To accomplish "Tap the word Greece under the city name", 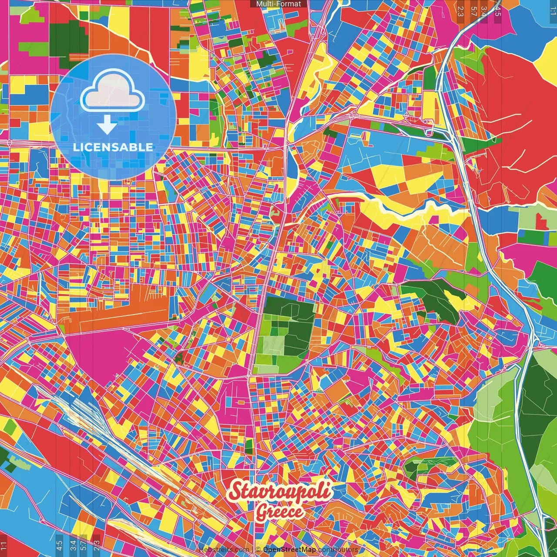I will pos(279,512).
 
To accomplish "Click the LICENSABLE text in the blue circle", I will pos(113,147).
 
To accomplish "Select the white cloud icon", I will pos(113,91).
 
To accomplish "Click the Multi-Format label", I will pos(278,4).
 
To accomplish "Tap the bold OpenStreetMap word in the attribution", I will pos(289,550).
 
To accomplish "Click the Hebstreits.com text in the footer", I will pos(224,550).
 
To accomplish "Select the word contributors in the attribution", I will pos(338,550).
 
